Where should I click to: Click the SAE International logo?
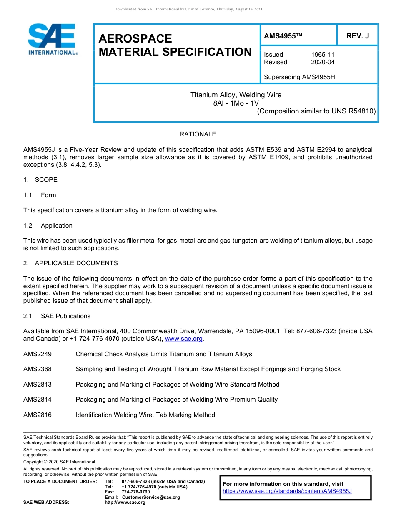point(52,39)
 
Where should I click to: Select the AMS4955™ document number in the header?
point(283,36)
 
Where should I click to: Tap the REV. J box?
point(358,36)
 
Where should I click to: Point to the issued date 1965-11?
point(323,55)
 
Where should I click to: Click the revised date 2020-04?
point(323,62)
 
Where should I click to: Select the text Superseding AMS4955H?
point(299,77)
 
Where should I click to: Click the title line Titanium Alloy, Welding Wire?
point(236,95)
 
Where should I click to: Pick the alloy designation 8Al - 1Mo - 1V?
point(236,103)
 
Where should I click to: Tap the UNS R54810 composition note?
point(316,111)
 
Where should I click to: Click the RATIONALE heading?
point(198,134)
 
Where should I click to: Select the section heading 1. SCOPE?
point(40,180)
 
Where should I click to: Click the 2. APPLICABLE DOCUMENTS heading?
point(70,263)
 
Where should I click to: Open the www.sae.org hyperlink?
point(184,339)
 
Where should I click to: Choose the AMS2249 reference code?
point(38,354)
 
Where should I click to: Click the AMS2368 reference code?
point(38,369)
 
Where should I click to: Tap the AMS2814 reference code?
point(38,400)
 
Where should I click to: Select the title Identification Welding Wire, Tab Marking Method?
point(145,415)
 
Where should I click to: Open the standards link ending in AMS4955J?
point(287,491)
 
